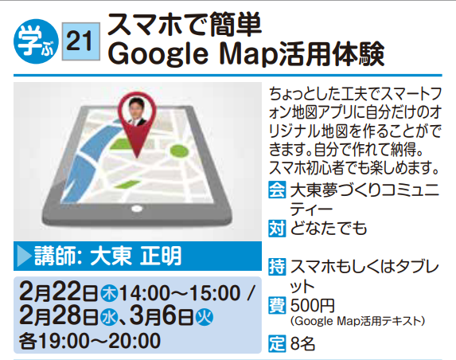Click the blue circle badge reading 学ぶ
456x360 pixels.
coord(36,41)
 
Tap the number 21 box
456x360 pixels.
coord(81,41)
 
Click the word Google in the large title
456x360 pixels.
coord(158,55)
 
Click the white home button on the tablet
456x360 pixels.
coord(137,209)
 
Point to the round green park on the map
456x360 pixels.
coord(179,151)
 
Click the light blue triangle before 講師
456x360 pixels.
coord(24,256)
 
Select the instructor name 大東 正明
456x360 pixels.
coord(136,256)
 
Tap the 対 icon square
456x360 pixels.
coord(277,229)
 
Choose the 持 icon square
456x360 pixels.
coord(277,267)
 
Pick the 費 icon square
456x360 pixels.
coord(277,306)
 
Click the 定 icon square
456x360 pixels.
coord(277,344)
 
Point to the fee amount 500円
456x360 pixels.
coord(313,306)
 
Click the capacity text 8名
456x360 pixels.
coord(302,344)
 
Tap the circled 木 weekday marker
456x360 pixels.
coord(109,293)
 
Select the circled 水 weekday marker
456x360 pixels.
coord(109,317)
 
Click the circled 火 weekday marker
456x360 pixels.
coord(205,317)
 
